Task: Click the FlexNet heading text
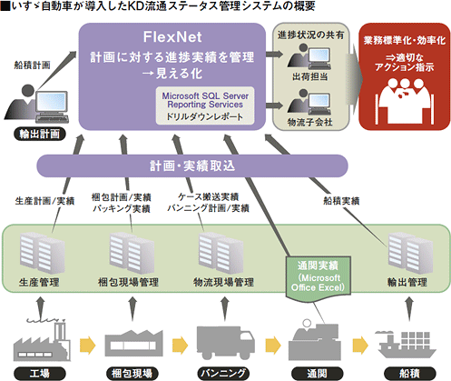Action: [x=172, y=37]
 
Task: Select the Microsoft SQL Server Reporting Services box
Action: [x=205, y=105]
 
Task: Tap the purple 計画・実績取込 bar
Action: [x=192, y=165]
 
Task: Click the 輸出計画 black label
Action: [x=40, y=134]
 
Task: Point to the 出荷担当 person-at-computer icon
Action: [x=309, y=57]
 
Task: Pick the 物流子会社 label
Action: [x=310, y=122]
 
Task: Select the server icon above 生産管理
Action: [x=43, y=254]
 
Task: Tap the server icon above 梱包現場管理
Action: [x=132, y=254]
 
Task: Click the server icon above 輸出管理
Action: [x=410, y=254]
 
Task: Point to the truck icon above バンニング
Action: [x=225, y=343]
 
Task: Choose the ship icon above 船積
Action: [x=407, y=346]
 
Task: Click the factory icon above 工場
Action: [x=42, y=340]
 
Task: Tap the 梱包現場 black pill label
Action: [x=132, y=374]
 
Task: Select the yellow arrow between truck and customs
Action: [x=273, y=345]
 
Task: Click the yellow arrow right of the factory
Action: [x=88, y=345]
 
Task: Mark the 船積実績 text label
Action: [x=341, y=201]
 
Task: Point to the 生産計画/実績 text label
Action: [x=44, y=201]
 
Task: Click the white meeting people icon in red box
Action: [x=405, y=101]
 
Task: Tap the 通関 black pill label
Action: [x=318, y=374]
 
